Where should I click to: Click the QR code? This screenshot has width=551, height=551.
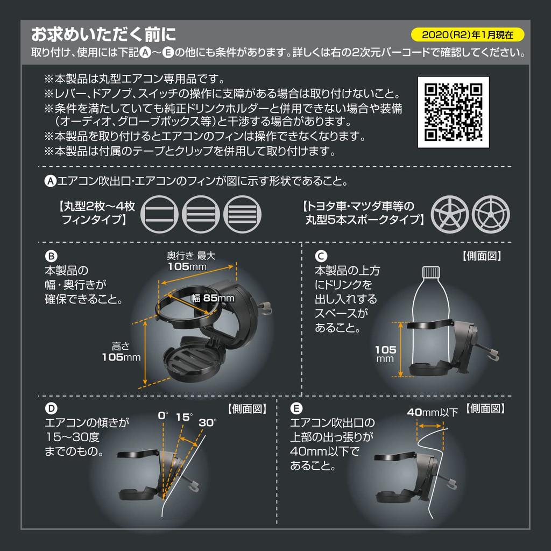click(453, 112)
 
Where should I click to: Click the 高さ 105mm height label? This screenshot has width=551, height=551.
click(121, 352)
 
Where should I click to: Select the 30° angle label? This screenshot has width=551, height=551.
click(207, 422)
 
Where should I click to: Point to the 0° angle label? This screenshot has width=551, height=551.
click(163, 416)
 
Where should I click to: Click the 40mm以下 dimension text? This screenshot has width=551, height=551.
click(432, 413)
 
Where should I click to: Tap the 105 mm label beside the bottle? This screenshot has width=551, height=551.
click(385, 354)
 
